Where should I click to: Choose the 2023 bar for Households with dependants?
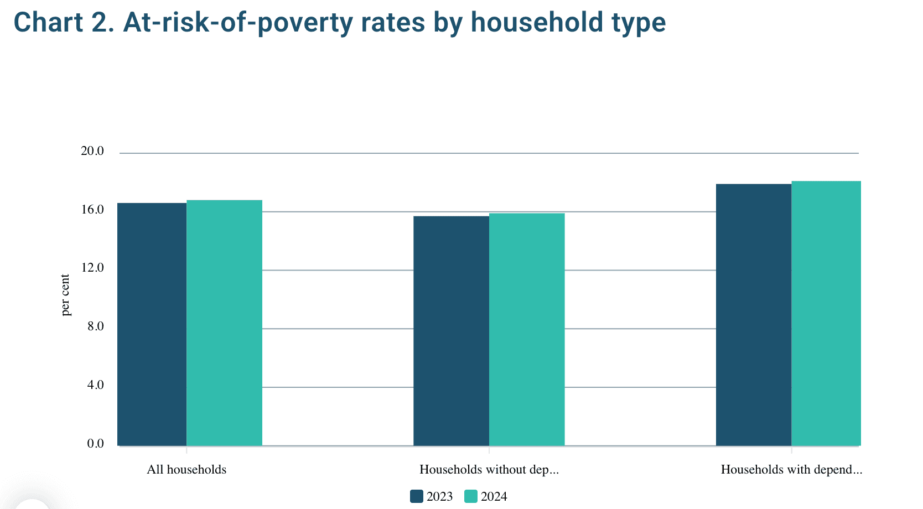point(754,315)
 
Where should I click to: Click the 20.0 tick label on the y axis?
point(92,151)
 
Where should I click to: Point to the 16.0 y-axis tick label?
point(92,210)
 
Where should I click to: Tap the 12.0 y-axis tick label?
point(92,268)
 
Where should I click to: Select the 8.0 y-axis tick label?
point(95,326)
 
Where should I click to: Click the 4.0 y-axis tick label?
point(95,385)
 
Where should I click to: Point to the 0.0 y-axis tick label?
point(95,444)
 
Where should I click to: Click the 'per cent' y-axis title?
point(66,295)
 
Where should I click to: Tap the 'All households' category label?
point(186,470)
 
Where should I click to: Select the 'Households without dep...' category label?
point(489,470)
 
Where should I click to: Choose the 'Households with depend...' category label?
point(791,470)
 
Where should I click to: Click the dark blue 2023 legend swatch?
point(416,496)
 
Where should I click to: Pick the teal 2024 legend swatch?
point(470,496)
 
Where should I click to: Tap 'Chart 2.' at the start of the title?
point(64,23)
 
